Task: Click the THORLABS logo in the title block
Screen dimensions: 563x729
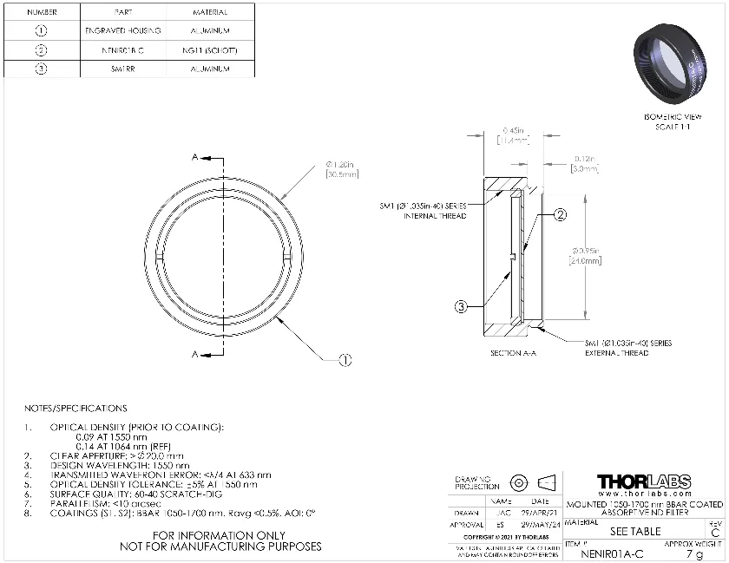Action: click(644, 482)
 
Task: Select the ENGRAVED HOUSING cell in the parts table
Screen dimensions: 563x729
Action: click(122, 31)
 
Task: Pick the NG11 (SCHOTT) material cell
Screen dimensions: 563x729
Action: click(208, 50)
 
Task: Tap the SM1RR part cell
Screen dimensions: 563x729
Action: click(122, 69)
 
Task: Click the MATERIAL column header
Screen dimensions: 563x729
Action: click(208, 12)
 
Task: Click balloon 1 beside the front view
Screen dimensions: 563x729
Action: click(345, 360)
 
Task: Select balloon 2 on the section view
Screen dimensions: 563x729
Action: click(561, 214)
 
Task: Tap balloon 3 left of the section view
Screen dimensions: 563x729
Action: click(463, 305)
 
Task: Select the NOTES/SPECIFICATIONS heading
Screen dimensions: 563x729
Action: click(76, 408)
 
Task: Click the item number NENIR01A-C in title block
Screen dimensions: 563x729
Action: click(611, 553)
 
